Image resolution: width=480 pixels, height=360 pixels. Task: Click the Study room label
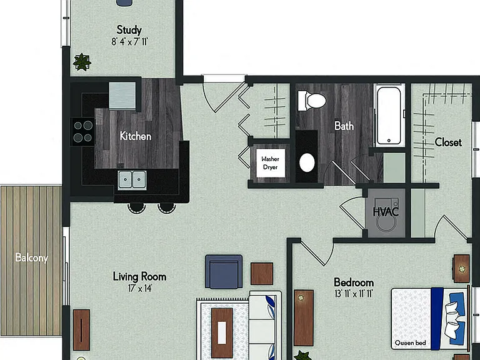coord(129,30)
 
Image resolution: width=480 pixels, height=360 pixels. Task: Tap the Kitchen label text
coord(135,136)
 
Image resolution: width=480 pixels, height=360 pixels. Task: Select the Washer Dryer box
coord(271,163)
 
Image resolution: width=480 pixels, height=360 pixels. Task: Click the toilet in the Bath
coord(312,101)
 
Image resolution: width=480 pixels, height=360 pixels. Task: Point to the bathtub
coord(389,116)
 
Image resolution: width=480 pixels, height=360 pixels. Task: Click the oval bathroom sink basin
coord(307,162)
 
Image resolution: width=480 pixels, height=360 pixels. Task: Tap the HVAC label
coord(386,211)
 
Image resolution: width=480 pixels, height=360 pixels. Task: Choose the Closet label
coord(448,142)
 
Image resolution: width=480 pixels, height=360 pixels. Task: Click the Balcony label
coord(31,257)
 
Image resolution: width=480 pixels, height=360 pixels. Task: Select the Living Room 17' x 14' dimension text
coord(140,288)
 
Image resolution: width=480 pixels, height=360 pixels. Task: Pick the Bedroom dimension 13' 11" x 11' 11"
coord(354,294)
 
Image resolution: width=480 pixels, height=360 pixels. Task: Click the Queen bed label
coord(410,343)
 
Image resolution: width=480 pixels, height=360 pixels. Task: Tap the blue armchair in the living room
coord(224,272)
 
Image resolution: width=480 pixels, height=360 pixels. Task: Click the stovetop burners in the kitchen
coord(82,132)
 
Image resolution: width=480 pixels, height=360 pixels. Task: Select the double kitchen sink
coord(132,180)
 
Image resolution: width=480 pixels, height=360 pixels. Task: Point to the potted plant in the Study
coord(82,62)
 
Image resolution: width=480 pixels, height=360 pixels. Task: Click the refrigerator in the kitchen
coord(122,96)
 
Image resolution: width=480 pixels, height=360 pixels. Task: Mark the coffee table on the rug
coord(222,332)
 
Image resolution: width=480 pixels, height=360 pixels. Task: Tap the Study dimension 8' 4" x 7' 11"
coord(129,41)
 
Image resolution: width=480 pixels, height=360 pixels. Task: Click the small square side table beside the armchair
coord(262,274)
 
